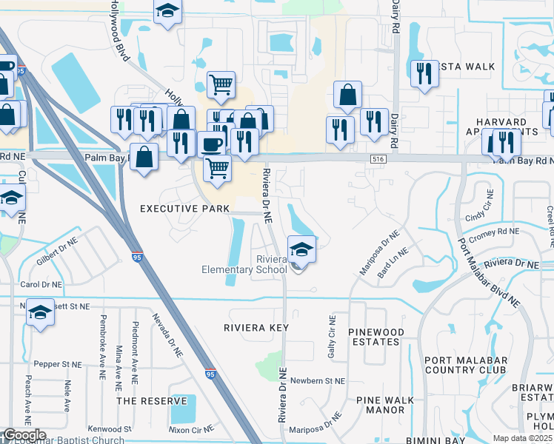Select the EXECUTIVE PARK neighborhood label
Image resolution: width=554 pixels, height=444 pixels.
click(185, 209)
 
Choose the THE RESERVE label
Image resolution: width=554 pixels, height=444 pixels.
click(152, 400)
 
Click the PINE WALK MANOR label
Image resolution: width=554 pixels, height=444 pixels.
click(385, 405)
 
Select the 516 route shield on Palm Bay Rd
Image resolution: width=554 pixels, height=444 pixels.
click(378, 159)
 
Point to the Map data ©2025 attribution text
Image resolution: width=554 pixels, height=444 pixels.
click(522, 438)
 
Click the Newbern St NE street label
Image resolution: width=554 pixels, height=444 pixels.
click(318, 381)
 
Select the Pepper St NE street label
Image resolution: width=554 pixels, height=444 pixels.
click(61, 364)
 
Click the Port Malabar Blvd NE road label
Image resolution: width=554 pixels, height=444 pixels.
click(489, 272)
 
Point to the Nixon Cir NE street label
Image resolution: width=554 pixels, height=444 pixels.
click(191, 428)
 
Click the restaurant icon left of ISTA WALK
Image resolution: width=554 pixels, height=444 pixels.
click(424, 73)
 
